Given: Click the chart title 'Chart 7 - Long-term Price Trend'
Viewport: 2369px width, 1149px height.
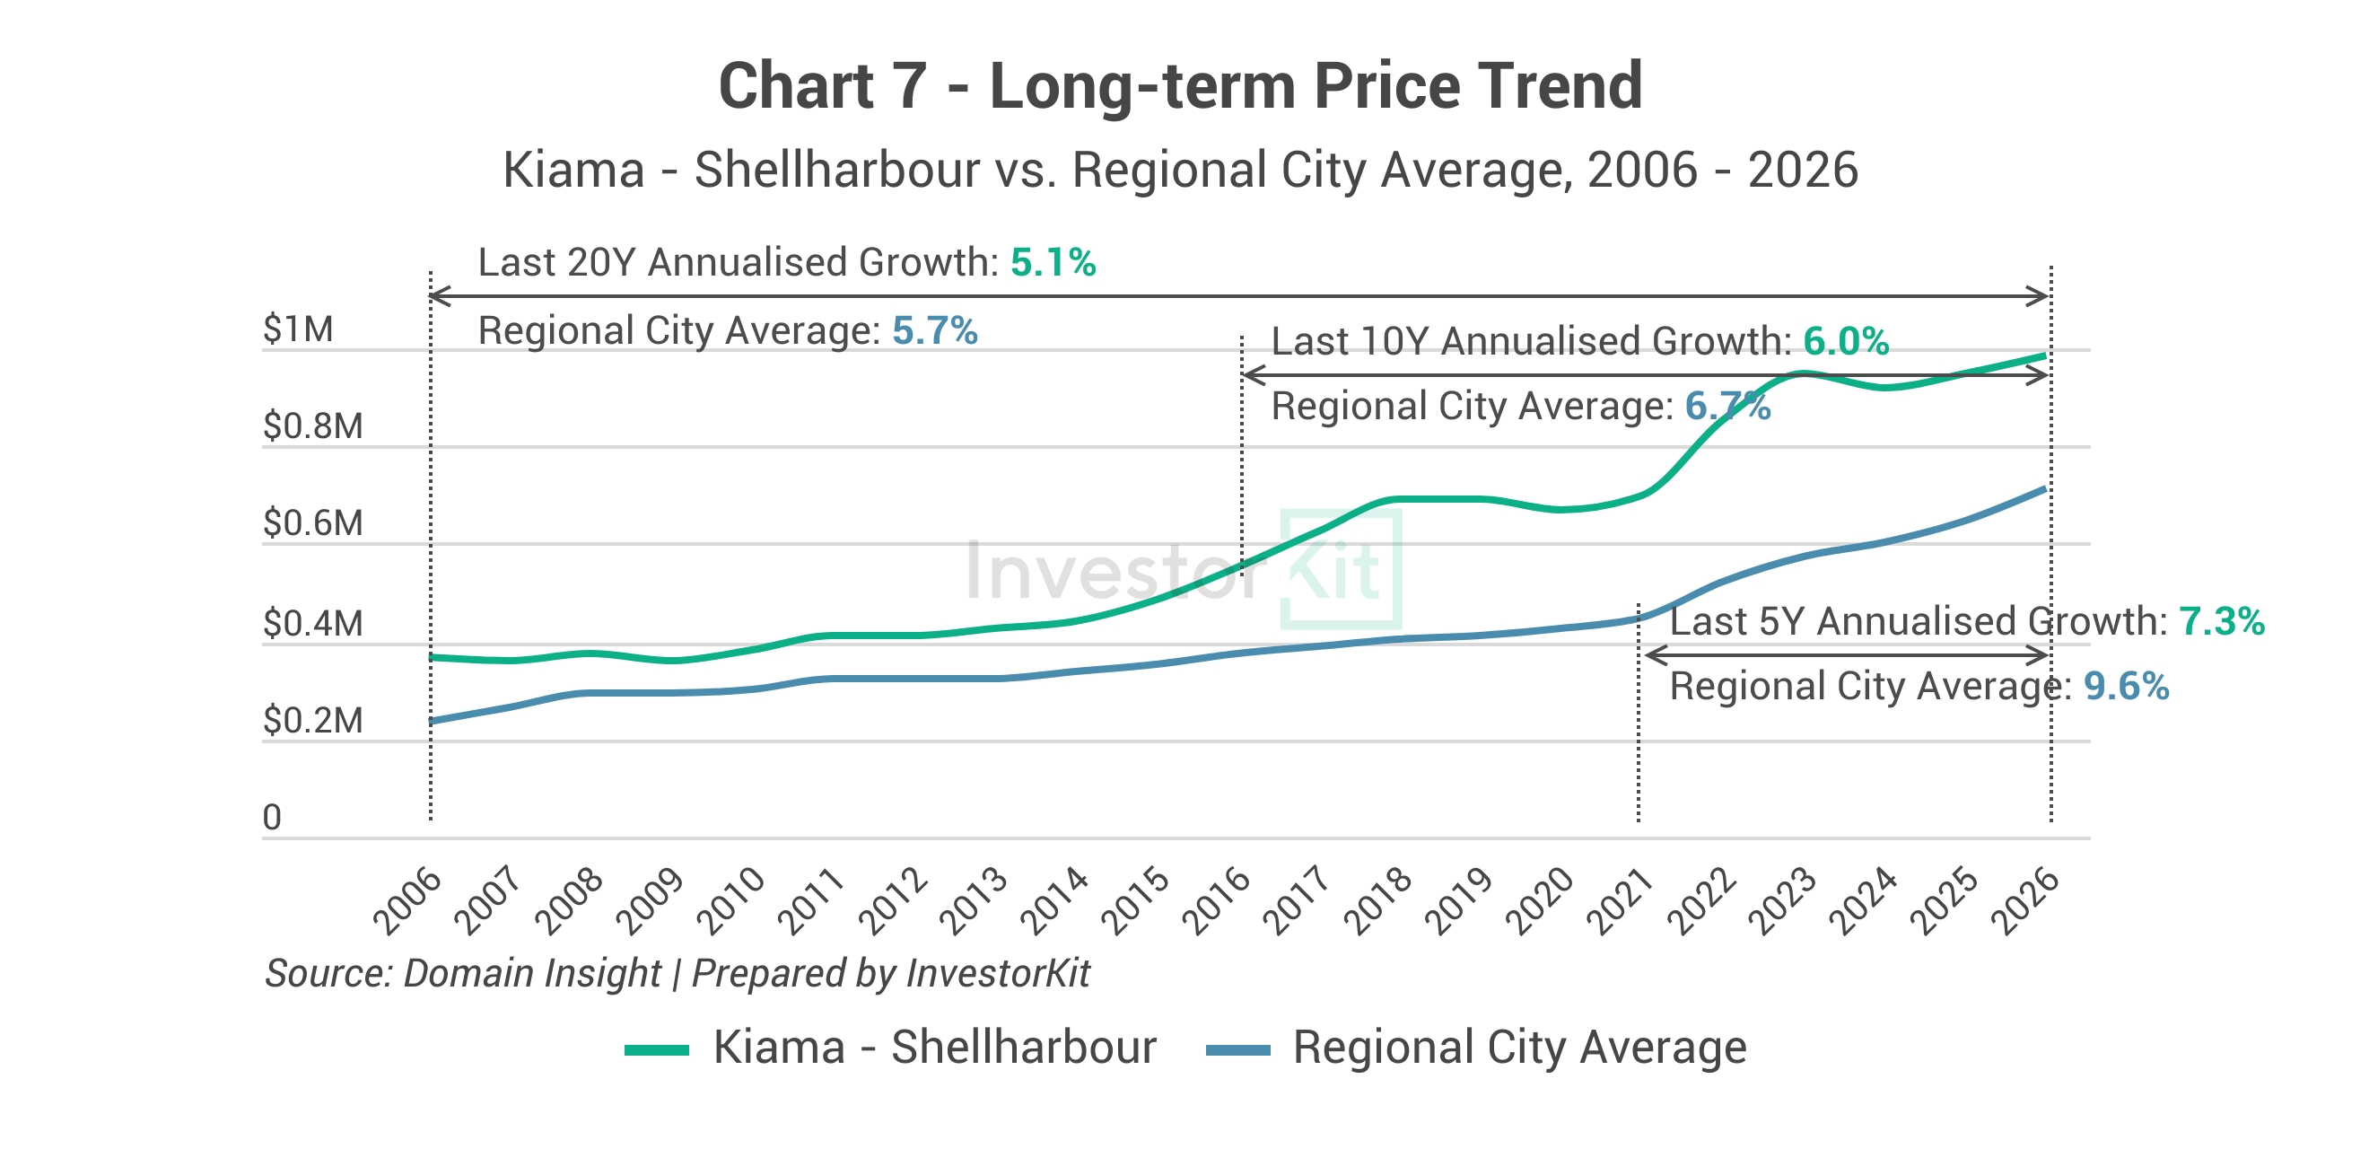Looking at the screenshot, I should pos(1180,85).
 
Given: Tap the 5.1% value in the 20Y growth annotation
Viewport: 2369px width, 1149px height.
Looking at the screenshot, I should pos(1053,263).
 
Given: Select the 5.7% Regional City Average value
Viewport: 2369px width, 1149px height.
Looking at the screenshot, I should pos(934,331).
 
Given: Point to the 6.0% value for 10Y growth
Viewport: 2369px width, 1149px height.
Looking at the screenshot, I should pos(1845,342).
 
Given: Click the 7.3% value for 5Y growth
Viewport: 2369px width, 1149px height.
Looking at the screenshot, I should pos(2221,622).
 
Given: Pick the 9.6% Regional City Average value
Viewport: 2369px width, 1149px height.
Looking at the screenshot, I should pos(2125,688).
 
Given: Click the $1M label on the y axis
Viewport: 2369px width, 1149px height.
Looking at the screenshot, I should pos(298,329).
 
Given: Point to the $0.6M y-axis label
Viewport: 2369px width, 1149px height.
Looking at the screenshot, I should pos(312,523).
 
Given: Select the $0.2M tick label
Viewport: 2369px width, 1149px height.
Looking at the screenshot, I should pos(312,720).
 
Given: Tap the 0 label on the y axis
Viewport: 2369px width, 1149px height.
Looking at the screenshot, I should pos(272,818).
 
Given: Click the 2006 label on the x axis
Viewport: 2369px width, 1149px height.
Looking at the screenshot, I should pos(407,902).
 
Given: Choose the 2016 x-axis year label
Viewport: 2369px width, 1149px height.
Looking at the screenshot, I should pos(1216,902).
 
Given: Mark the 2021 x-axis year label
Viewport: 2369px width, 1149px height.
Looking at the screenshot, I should pos(1621,902).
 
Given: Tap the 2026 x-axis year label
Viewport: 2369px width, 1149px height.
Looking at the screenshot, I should pos(2024,902).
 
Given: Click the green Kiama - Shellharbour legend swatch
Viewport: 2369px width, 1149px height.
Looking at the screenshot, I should pos(657,1050).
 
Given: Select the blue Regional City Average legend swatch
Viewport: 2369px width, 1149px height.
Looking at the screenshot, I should pos(1237,1050).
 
